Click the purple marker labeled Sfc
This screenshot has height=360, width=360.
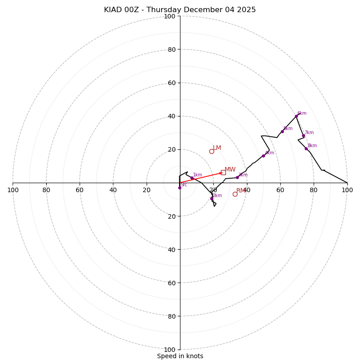(180, 188)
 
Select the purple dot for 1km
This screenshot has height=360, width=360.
(192, 178)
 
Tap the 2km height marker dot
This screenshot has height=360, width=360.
(211, 198)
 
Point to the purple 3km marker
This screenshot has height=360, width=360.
(237, 177)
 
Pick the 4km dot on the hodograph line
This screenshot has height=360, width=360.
(263, 156)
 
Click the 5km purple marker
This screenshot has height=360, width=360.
(282, 131)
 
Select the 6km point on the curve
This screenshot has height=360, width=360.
(296, 116)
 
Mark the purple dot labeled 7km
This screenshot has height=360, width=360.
(303, 136)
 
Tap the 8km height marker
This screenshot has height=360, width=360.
(306, 148)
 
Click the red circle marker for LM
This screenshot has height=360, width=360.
(211, 151)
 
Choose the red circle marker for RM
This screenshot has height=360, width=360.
(235, 194)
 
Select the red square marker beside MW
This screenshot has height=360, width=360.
(223, 172)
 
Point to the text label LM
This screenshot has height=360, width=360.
(217, 148)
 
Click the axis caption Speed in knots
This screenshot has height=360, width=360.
(180, 356)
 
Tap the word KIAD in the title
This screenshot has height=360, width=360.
(113, 10)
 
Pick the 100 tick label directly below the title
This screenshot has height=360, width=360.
(170, 17)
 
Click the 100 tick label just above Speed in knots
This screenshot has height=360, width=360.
(170, 349)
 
